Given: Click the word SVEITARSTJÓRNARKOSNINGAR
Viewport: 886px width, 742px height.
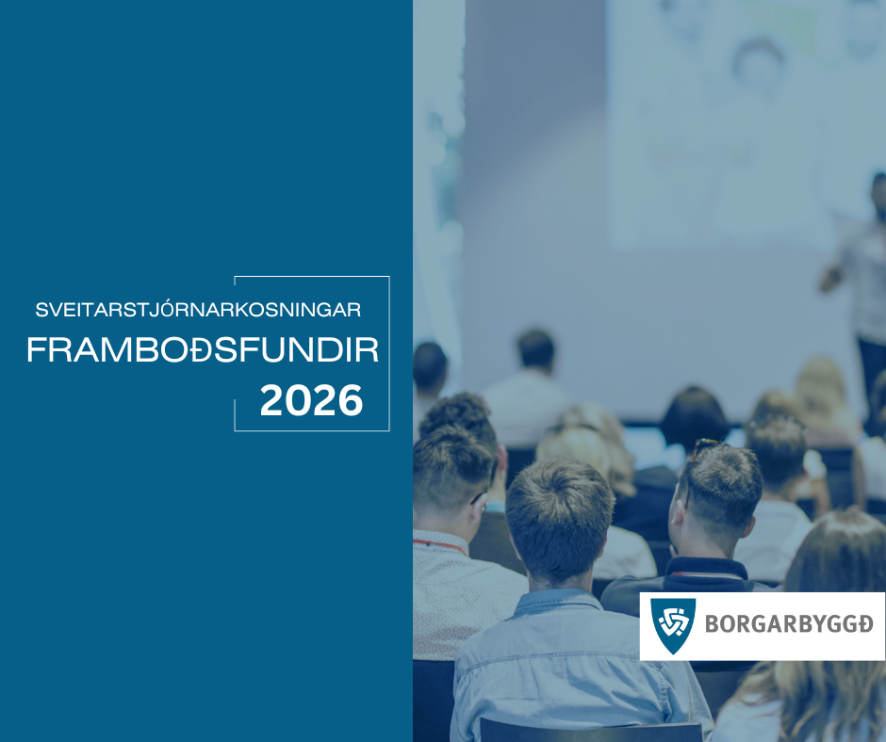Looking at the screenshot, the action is (198, 310).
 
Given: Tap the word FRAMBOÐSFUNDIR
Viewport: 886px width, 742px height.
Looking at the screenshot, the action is (203, 350).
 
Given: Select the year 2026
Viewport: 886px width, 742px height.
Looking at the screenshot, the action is (311, 400).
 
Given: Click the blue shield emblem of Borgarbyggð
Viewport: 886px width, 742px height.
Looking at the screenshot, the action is (673, 625).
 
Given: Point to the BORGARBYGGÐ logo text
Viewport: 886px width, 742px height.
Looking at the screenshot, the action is (789, 624).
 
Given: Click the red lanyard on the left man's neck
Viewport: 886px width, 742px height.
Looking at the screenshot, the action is (438, 545).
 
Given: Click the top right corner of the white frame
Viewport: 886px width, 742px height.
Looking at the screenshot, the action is (389, 276).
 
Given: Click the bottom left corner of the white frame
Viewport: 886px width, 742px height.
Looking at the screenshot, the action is (235, 431).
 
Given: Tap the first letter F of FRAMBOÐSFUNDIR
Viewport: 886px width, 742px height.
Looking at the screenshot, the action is (37, 350).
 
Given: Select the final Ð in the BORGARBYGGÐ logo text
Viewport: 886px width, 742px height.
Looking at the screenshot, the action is (864, 624).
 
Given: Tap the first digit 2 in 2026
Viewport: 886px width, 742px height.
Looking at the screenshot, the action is (272, 400).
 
